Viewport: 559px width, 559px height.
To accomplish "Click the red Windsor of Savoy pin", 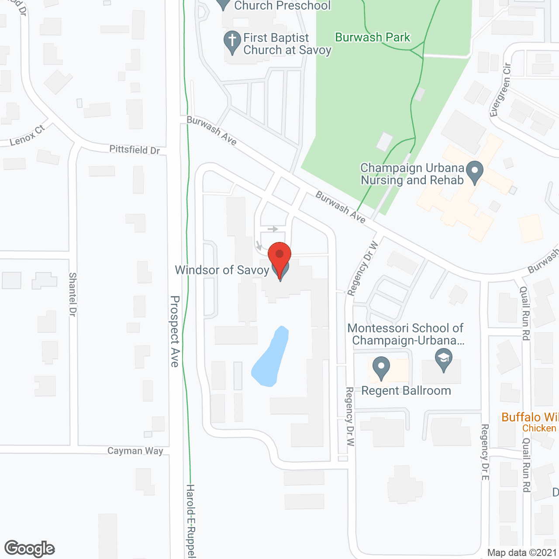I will point(279,256).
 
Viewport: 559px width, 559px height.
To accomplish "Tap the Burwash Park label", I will point(373,38).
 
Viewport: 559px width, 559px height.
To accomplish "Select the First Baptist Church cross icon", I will point(232,41).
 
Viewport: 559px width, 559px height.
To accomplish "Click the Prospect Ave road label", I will point(175,331).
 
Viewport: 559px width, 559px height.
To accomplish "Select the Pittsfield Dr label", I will point(135,150).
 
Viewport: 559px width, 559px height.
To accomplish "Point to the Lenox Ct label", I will point(27,135).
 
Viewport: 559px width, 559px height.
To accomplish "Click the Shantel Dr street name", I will point(72,294).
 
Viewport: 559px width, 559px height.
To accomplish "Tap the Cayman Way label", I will point(135,451).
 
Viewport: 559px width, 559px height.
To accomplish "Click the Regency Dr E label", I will point(484,452).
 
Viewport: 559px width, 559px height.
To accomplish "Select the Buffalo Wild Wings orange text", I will point(530,418).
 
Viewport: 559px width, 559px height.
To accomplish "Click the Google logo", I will point(30,549).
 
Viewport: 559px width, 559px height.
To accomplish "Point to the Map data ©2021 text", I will point(522,553).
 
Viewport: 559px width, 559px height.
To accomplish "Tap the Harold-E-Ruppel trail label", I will point(190,520).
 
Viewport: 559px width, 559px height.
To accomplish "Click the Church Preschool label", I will point(282,6).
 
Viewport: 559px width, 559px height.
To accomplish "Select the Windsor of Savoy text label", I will point(222,270).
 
